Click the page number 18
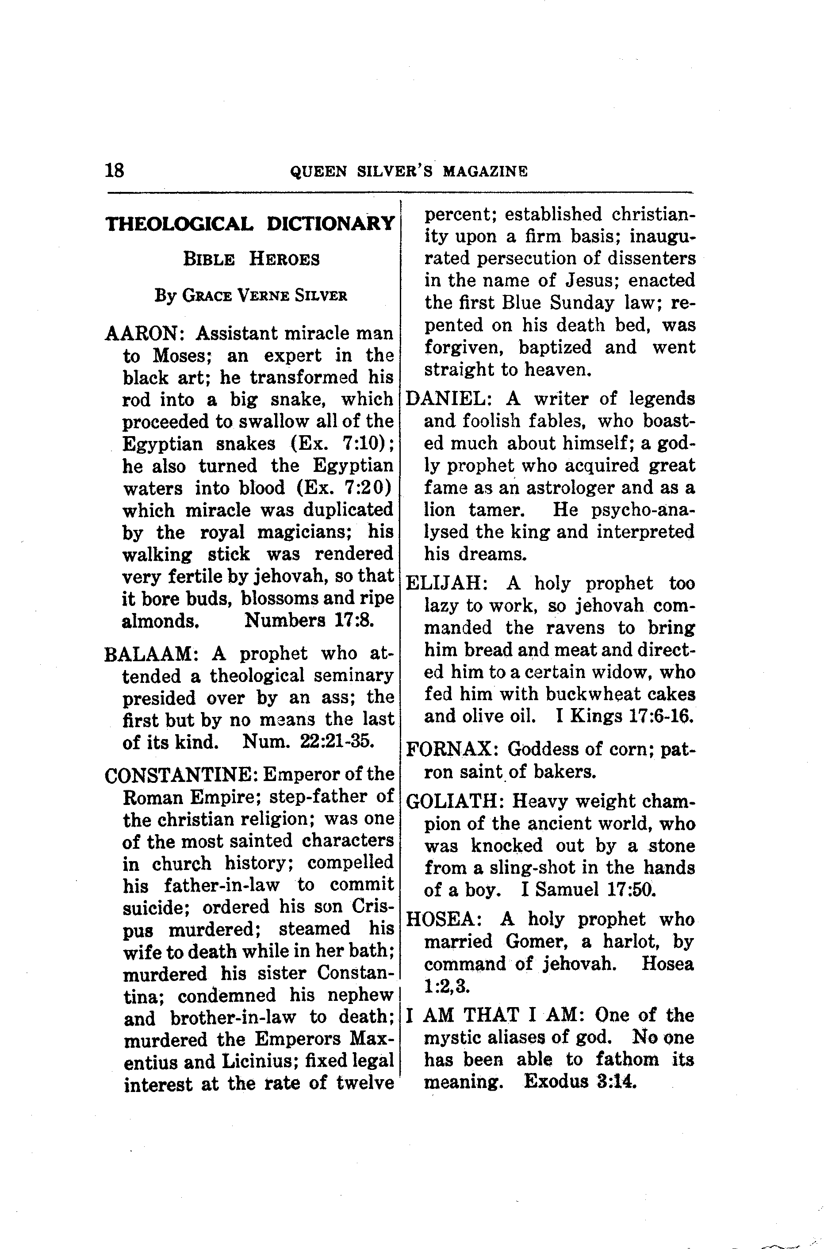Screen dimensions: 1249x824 click(x=115, y=170)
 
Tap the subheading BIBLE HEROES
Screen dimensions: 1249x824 click(x=251, y=259)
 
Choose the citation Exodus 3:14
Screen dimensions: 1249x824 click(x=580, y=1082)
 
